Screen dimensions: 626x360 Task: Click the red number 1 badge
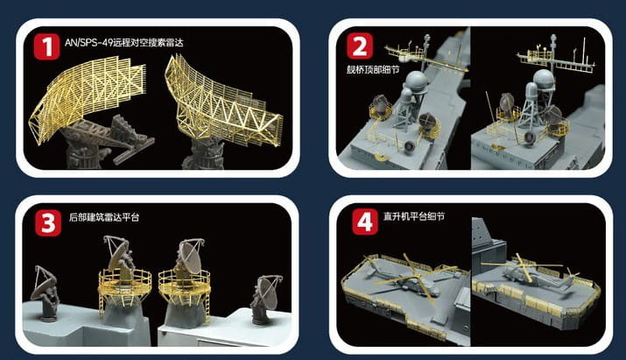tap(46, 46)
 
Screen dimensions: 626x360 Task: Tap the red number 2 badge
tap(360, 46)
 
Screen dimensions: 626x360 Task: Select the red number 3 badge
tap(48, 222)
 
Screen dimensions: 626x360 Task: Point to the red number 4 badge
tap(364, 222)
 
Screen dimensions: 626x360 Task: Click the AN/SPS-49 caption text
tap(123, 42)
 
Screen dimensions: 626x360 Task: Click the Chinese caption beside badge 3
tap(104, 217)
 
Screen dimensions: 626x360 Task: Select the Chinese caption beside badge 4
tap(413, 216)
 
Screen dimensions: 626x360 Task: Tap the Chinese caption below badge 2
tap(373, 70)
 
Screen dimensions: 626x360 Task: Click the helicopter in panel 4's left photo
tap(407, 278)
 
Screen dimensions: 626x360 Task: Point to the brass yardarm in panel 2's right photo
tap(556, 60)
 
